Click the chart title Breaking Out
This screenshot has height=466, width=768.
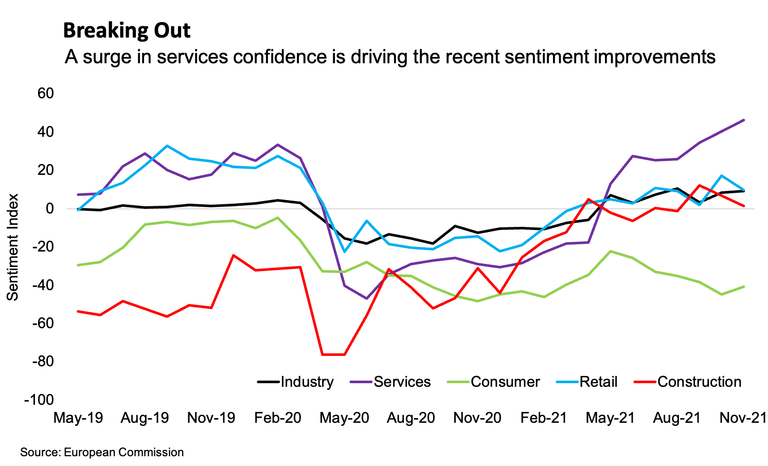[x=127, y=31]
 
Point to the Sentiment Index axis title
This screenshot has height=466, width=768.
[x=13, y=247]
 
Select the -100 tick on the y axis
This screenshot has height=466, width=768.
[x=39, y=400]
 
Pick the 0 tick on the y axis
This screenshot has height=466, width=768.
[x=50, y=208]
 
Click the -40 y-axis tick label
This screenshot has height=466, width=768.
[x=42, y=285]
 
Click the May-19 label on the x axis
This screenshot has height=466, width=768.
[x=78, y=418]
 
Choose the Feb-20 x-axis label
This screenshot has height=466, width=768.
[x=278, y=418]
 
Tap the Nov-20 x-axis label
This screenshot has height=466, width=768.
[x=477, y=418]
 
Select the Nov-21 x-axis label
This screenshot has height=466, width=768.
[x=743, y=418]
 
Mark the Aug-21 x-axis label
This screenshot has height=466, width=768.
[x=677, y=418]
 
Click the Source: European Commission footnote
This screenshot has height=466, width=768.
[x=102, y=453]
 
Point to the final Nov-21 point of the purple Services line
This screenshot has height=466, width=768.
[x=744, y=120]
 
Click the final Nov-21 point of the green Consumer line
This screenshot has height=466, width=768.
[x=744, y=286]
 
